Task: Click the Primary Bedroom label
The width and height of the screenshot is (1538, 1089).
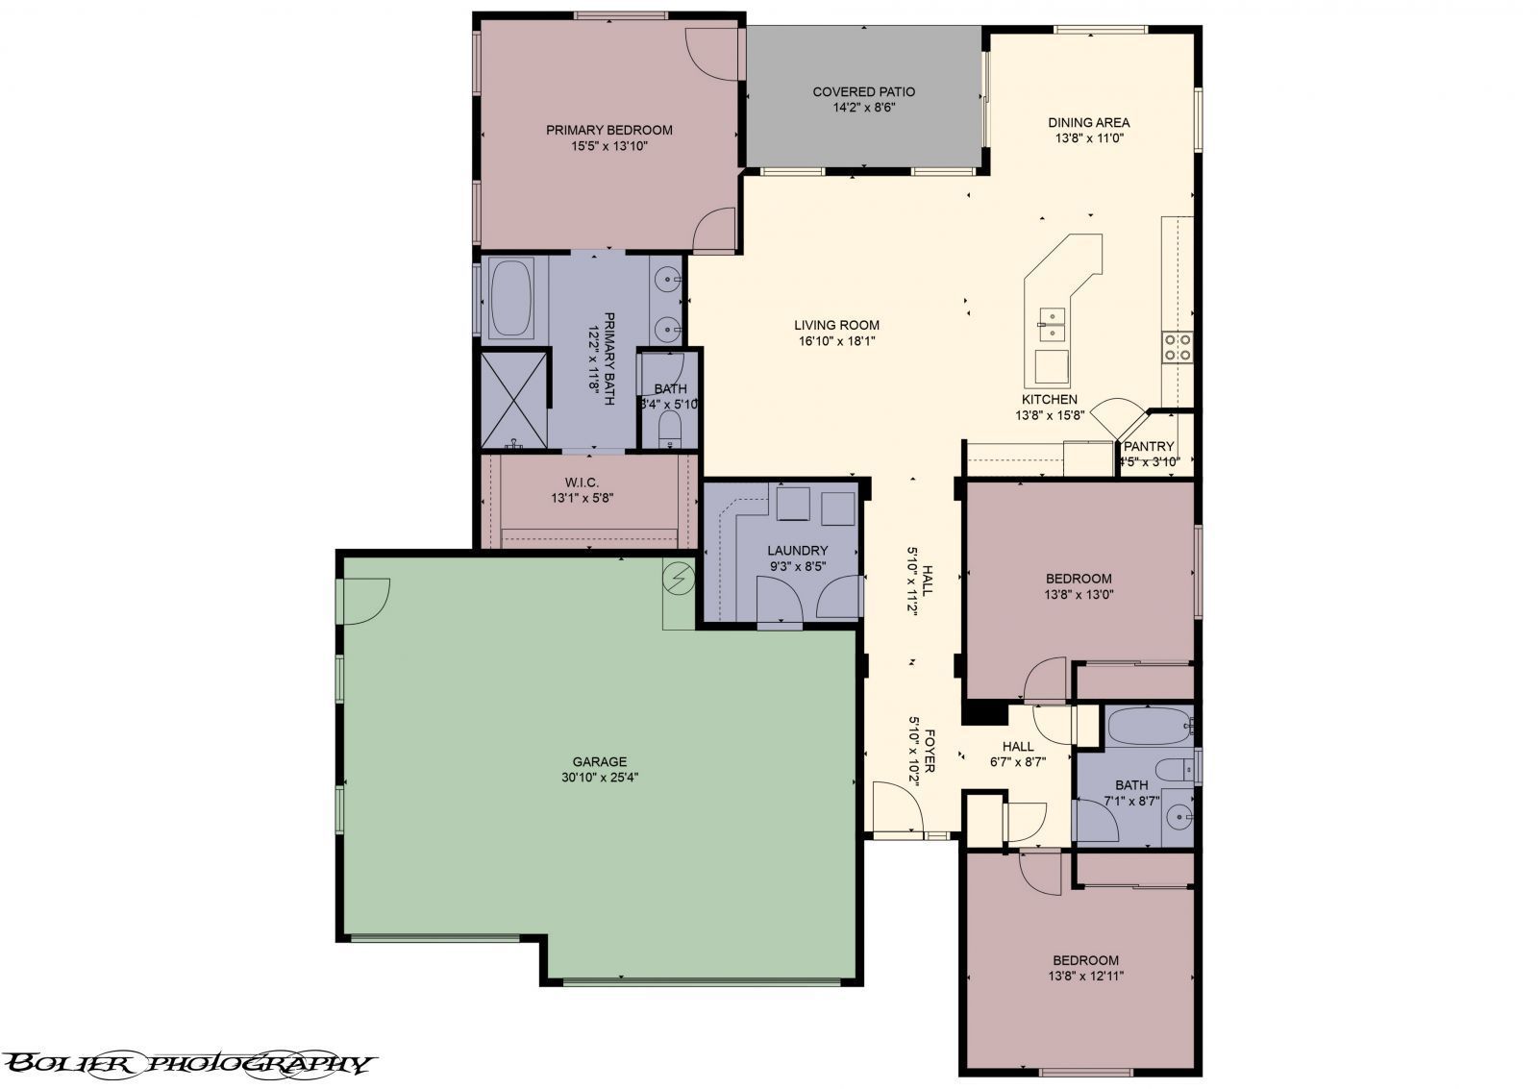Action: [608, 130]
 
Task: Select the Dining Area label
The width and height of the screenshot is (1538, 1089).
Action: [1088, 122]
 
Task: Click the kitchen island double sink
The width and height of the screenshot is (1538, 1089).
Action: [1053, 324]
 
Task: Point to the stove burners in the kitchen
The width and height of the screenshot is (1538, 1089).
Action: [1178, 346]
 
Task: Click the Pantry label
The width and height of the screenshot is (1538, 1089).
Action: [1149, 446]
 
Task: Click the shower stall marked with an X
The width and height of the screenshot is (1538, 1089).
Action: [514, 400]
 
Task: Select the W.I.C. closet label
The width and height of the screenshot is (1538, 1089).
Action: [582, 483]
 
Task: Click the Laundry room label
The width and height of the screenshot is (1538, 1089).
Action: [797, 551]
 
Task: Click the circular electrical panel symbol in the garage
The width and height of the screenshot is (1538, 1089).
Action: [679, 578]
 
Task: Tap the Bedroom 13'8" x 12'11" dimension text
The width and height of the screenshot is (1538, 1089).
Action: [1085, 976]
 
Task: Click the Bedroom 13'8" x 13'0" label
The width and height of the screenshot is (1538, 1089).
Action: [1079, 579]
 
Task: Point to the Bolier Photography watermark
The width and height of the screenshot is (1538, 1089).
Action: [187, 1063]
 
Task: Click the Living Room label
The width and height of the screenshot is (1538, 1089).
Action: [836, 325]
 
